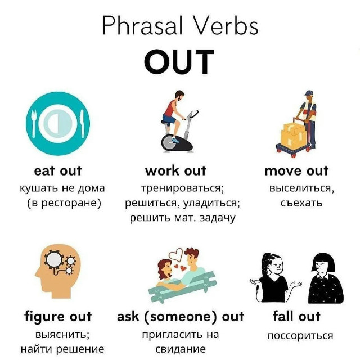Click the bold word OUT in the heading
tap(179, 61)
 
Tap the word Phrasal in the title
tap(142, 25)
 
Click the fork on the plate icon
tap(34, 123)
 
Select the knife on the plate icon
tap(82, 124)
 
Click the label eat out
tap(58, 171)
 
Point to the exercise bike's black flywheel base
tap(177, 142)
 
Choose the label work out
tap(175, 171)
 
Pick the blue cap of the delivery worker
tap(309, 92)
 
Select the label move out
tap(296, 171)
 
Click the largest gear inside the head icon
tap(54, 260)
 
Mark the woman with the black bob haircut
tap(325, 278)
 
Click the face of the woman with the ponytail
tap(277, 266)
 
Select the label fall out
tap(296, 316)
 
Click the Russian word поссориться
tap(300, 336)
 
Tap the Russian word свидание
tap(181, 349)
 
